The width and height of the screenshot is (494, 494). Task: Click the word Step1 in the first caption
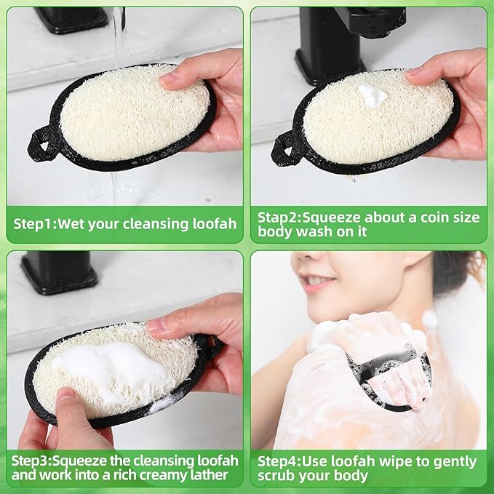tap(33, 224)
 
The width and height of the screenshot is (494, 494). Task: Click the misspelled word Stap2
tap(278, 217)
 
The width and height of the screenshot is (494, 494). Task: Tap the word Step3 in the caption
tap(33, 461)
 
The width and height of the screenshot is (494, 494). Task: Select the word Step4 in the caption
tap(278, 461)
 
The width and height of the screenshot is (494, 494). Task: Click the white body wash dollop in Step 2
tap(373, 95)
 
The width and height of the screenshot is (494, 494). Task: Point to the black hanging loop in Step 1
tap(41, 142)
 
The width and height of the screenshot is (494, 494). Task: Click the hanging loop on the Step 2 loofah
tap(284, 151)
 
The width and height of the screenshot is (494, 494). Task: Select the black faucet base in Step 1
tap(71, 19)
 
